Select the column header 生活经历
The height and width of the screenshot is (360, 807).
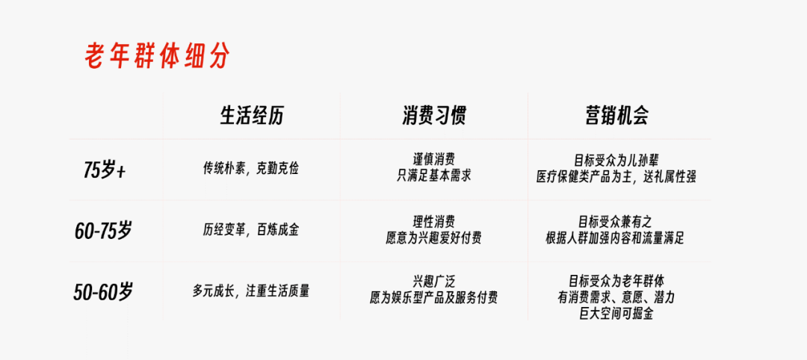point(251,116)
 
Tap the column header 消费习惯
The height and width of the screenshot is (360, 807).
point(434,116)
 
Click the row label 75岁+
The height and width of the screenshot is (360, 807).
point(105,170)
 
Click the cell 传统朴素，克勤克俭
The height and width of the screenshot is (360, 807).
point(251,169)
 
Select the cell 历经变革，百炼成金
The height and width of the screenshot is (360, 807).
point(251,230)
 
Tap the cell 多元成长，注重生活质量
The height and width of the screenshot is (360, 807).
point(251,291)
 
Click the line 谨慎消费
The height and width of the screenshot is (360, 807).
point(434,161)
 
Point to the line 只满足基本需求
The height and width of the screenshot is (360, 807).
point(434,177)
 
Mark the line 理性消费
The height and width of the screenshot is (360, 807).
point(434,222)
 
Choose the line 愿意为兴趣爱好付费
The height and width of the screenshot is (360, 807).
point(434,238)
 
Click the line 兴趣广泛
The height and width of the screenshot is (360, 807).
point(434,282)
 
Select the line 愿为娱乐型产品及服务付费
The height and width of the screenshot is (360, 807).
point(434,298)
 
